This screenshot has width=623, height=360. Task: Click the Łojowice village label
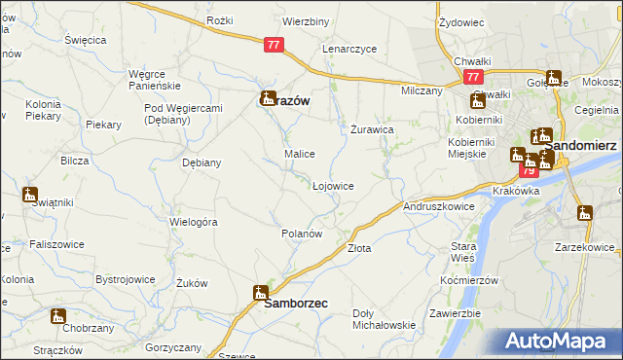click(332, 185)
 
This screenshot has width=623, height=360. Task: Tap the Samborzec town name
click(296, 304)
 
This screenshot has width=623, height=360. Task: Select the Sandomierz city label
click(584, 144)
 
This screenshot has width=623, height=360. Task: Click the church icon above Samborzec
click(261, 292)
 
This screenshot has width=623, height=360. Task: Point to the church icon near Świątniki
click(30, 194)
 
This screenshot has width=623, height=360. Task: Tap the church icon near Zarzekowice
click(584, 213)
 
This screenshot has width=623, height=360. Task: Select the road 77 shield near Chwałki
click(473, 77)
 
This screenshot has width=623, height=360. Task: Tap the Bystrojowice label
click(126, 279)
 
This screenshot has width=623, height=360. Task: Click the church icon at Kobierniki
click(478, 101)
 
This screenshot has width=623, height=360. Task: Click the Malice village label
click(298, 154)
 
